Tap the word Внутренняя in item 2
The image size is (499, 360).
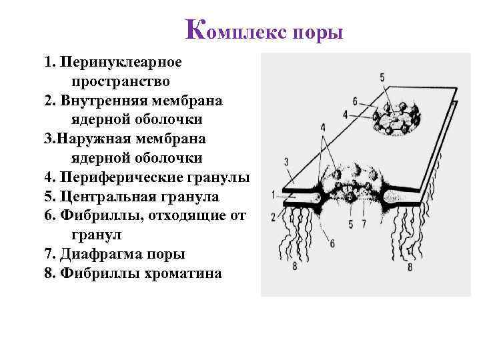[x=115, y=101]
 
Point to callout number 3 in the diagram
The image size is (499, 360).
[x=286, y=162]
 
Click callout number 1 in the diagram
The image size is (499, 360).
[x=274, y=195]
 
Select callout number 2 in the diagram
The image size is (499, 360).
[x=274, y=217]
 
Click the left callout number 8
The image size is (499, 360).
[x=295, y=267]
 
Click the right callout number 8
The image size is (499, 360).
[x=409, y=267]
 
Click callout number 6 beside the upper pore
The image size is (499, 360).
[x=356, y=101]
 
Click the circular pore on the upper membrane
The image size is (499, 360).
[x=398, y=117]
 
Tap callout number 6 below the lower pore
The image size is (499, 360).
[x=332, y=243]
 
